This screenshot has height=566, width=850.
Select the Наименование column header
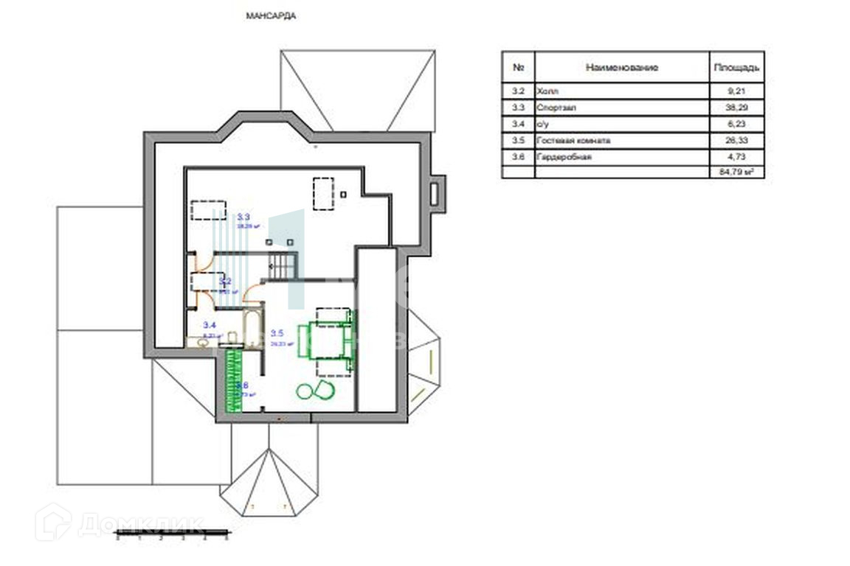coord(621,68)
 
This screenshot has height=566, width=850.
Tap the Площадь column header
coord(735,68)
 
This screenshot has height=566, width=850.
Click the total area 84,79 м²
coord(736,172)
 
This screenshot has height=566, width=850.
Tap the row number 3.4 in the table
coord(518,124)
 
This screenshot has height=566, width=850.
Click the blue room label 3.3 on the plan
coord(243,217)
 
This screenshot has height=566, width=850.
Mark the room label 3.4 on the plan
coord(210,325)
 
